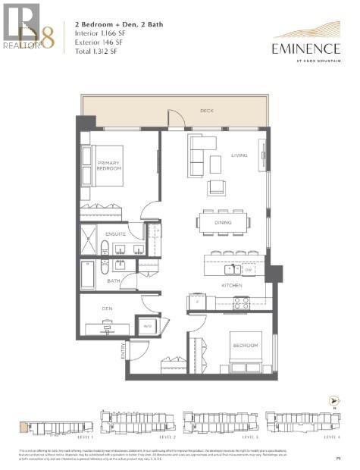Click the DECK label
pos(206,111)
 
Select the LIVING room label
pos(239,155)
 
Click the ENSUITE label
pos(115,234)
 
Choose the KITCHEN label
pos(230,285)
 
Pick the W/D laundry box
pos(147,326)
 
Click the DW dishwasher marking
pos(247,269)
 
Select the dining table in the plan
pos(224,223)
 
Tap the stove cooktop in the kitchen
pos(240,302)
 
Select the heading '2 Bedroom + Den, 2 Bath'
pos(111,24)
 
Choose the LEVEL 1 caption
pos(86,438)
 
